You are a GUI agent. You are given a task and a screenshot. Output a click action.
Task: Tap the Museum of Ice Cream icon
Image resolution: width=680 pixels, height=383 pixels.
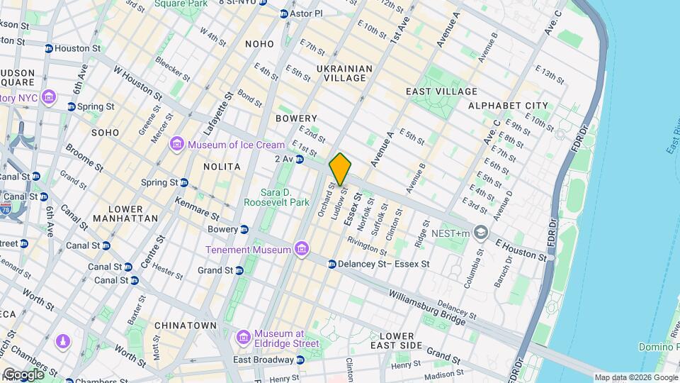point(176,145)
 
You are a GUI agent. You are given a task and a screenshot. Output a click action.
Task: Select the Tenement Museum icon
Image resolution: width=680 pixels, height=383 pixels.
point(302,250)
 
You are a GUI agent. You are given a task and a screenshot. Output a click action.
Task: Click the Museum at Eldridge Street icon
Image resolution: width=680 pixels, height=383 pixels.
point(243,335)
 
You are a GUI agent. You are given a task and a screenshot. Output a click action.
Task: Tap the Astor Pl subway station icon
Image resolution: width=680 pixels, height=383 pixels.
point(284,13)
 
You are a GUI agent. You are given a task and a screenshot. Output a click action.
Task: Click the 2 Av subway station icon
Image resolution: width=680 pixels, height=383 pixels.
point(300,159)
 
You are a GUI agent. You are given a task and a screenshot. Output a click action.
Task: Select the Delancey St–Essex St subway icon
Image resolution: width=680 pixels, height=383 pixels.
point(331,264)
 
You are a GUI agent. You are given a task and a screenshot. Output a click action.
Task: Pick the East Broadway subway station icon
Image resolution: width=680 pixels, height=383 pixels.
point(300,360)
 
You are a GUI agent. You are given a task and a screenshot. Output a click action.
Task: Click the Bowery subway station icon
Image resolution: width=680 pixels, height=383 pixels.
point(244,230)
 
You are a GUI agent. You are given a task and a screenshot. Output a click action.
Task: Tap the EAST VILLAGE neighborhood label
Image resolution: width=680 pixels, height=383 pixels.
point(441,91)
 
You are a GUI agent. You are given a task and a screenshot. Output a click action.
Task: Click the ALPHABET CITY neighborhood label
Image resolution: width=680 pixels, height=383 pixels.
point(508,106)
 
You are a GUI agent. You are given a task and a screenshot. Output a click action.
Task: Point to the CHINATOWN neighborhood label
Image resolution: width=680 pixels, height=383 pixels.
point(185,326)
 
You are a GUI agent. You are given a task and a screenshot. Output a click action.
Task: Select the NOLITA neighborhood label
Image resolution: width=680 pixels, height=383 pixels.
point(222,167)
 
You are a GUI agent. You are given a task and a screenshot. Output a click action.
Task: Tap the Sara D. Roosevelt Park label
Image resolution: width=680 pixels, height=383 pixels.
point(276,197)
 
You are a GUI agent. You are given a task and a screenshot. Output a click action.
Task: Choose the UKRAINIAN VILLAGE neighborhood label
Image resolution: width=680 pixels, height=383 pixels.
point(344,73)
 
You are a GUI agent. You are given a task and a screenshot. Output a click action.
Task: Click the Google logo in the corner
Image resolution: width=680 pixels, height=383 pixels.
point(23,374)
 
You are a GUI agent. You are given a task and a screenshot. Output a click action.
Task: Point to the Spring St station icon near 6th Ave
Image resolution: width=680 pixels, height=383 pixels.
point(72,107)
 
